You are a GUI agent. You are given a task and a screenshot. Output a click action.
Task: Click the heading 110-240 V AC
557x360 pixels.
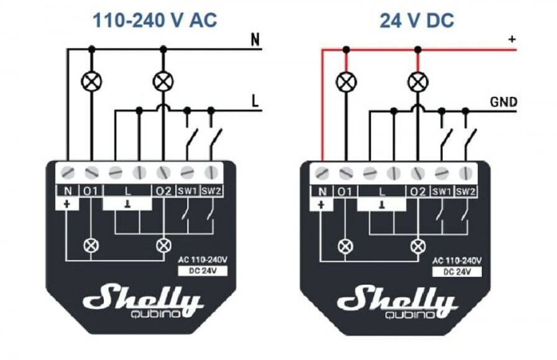[x=155, y=21]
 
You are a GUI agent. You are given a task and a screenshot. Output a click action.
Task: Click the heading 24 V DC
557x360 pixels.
[x=417, y=21]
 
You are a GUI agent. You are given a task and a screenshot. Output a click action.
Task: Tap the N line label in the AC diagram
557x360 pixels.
[x=255, y=40]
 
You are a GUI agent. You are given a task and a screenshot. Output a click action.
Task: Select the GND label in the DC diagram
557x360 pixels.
[x=504, y=102]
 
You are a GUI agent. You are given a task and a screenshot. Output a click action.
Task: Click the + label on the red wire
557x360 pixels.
[x=512, y=39]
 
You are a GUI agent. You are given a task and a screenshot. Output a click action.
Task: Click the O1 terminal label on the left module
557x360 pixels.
[x=91, y=190]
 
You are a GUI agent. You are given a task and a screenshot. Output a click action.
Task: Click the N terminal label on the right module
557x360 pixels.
[x=321, y=192]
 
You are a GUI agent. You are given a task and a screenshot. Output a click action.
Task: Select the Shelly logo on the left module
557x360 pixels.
[x=143, y=298]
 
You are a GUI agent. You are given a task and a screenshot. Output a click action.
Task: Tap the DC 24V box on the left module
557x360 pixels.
[x=201, y=270]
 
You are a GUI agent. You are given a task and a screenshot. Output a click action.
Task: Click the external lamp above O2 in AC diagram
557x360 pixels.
[x=163, y=81]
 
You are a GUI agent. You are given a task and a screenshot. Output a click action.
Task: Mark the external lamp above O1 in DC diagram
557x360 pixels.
[x=346, y=81]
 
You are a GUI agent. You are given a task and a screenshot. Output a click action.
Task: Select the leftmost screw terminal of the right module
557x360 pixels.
[x=321, y=172]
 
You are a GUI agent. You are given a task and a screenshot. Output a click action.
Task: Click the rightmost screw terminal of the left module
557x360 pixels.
[x=211, y=171]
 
